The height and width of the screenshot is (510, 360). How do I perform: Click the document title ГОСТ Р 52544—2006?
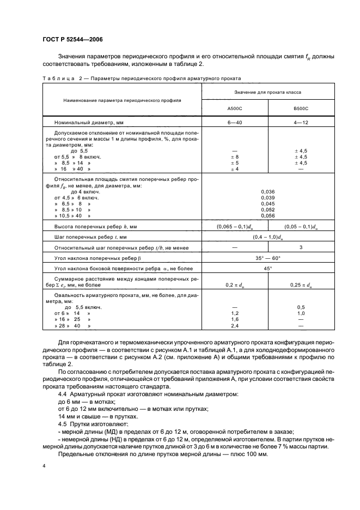(72, 39)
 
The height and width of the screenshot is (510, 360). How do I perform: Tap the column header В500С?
(301, 108)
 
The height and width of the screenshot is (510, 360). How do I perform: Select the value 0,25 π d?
(301, 284)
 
